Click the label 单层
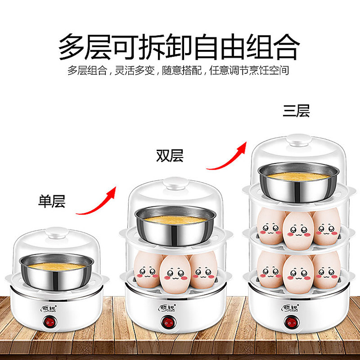[52, 201]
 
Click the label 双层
[170, 156]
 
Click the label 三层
[296, 111]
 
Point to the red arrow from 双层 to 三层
[227, 155]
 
